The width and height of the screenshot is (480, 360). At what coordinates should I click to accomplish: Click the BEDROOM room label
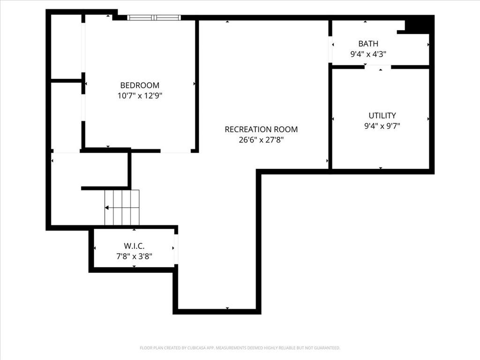click(x=140, y=85)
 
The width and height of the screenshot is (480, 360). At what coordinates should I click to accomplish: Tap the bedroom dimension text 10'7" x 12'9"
click(x=140, y=96)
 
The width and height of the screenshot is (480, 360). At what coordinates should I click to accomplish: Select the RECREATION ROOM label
click(x=261, y=129)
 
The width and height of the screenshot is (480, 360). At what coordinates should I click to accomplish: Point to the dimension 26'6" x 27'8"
click(x=261, y=140)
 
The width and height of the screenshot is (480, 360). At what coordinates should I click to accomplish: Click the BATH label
click(x=368, y=44)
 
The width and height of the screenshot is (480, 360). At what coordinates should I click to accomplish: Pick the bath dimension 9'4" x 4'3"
click(x=368, y=54)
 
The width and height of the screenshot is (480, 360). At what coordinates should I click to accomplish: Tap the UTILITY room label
click(x=382, y=115)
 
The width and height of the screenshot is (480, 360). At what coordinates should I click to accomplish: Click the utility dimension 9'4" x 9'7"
click(x=382, y=126)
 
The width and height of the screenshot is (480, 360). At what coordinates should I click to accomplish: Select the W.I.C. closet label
click(x=134, y=246)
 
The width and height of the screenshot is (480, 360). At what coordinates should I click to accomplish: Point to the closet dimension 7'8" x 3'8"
click(x=134, y=256)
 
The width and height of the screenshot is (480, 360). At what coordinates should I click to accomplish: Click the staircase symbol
click(x=122, y=208)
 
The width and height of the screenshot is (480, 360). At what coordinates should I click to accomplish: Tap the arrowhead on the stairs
click(x=106, y=208)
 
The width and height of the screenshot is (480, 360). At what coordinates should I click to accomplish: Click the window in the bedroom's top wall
click(x=154, y=17)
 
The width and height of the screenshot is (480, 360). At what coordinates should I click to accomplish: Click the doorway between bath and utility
click(x=378, y=67)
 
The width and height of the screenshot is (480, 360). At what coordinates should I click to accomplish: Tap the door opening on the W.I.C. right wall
click(x=176, y=249)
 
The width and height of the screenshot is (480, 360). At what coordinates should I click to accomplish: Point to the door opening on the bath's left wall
click(x=330, y=50)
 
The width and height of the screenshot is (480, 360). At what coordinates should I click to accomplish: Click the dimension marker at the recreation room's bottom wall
click(x=227, y=308)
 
